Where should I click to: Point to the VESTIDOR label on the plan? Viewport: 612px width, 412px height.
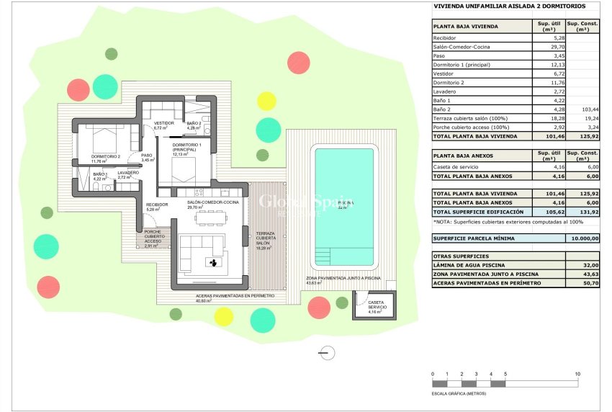[x=164, y=123]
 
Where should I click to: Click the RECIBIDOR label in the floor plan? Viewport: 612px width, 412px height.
[x=157, y=205]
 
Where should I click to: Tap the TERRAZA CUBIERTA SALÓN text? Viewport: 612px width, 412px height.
[x=263, y=239]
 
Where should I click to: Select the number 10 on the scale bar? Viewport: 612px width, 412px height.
[x=577, y=374]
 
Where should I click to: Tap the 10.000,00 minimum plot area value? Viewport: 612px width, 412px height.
[x=583, y=238]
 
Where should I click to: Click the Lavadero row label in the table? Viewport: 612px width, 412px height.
[x=444, y=92]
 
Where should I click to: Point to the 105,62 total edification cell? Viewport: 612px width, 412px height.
[x=546, y=212]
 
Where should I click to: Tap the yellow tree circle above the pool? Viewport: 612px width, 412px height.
[x=266, y=100]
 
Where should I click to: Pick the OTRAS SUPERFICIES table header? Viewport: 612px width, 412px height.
[x=462, y=256]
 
